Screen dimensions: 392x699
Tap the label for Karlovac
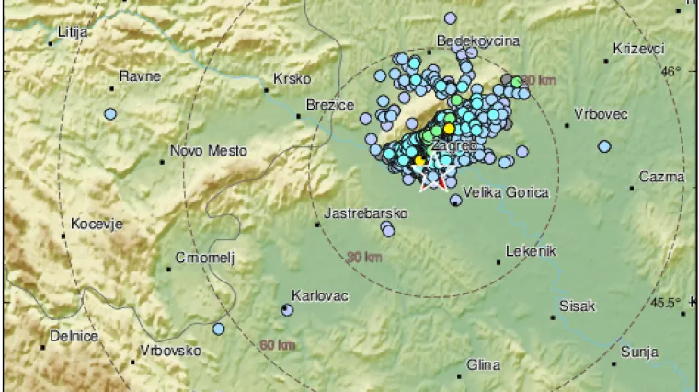(x=317, y=295)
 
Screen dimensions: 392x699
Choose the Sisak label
(x=578, y=306)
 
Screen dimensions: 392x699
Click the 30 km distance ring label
(x=365, y=258)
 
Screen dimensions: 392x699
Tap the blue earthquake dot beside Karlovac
(x=287, y=310)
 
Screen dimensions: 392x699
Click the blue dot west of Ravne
(x=111, y=114)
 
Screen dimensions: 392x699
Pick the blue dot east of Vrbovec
(x=604, y=145)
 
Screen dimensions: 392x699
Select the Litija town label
(x=72, y=31)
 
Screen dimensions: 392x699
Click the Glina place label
(x=483, y=365)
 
